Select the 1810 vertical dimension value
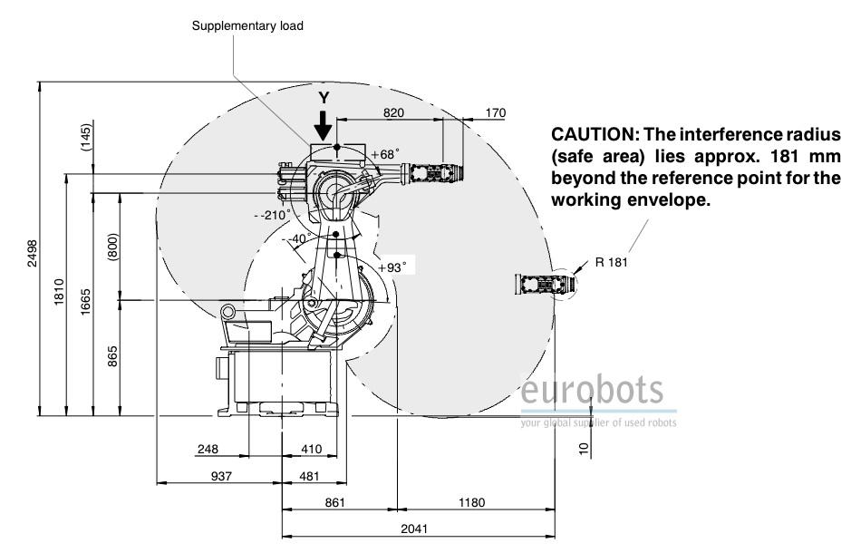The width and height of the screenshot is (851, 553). point(60,291)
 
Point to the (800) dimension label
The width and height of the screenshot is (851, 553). point(113,243)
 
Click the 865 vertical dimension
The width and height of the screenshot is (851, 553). point(113,356)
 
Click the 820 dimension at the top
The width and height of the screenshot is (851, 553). point(392,112)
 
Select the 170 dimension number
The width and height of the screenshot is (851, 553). point(496,112)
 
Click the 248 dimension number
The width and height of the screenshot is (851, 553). point(208,449)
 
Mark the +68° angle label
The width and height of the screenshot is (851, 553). point(384,153)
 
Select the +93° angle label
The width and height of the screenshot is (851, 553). point(392,267)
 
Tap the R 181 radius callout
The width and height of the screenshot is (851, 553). point(612,263)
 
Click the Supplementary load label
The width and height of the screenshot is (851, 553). point(247,26)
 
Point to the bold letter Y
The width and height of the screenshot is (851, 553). point(323,96)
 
